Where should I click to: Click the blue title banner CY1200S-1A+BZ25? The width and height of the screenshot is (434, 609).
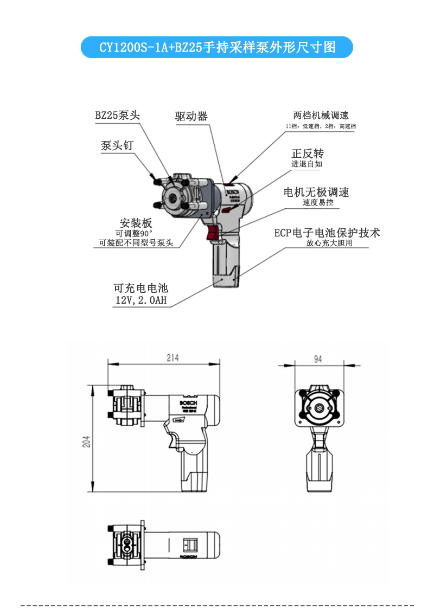tap(217, 47)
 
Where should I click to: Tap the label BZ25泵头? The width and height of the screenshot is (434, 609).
tap(118, 116)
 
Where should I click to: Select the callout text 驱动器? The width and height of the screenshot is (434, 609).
tap(191, 117)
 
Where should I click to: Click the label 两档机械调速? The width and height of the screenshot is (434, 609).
tap(321, 116)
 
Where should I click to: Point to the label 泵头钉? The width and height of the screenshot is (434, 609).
tap(117, 146)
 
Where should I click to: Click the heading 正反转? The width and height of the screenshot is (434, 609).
tap(308, 153)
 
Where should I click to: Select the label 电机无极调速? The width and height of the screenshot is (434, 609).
tap(316, 193)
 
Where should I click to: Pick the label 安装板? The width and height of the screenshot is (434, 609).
tap(136, 223)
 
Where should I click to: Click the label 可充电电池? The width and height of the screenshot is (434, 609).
tap(141, 289)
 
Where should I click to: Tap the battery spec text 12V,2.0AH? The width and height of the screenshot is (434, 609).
tap(141, 300)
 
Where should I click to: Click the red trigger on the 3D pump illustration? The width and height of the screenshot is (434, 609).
tap(213, 233)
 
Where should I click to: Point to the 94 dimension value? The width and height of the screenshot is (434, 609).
tap(318, 358)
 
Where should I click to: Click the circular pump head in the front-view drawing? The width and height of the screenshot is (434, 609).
tap(320, 408)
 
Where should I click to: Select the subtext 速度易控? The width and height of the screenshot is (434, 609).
tap(318, 203)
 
